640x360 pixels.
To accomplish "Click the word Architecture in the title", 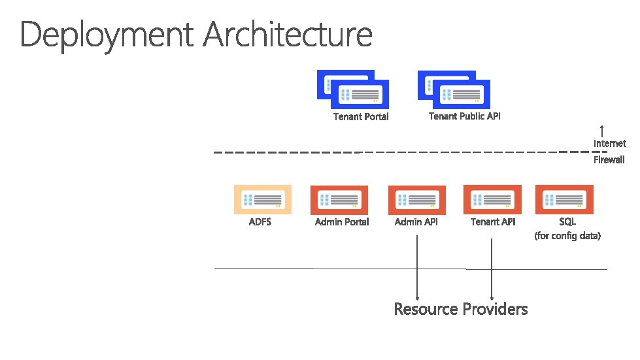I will point(288,34).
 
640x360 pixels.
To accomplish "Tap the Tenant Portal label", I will point(361,117).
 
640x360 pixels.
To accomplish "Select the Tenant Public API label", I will point(464,116).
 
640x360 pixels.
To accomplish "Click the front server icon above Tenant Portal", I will point(360,95).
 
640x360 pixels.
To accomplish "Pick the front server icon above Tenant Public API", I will point(462,94).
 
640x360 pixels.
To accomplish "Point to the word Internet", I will point(609,143).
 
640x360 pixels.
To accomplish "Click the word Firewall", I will point(609,159).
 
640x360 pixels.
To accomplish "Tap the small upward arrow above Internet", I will point(601,131).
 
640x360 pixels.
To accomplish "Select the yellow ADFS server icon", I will point(263,199).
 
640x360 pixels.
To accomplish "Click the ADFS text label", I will point(260,222).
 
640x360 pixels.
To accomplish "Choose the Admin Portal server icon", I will point(339,199).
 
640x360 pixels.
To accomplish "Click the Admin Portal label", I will point(342,222).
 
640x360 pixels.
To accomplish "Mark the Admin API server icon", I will point(416,199).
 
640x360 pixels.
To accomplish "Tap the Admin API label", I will point(416,222).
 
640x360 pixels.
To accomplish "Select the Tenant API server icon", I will point(492,199).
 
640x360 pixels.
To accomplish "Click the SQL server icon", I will point(564,199).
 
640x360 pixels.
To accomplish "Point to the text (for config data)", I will point(567,236).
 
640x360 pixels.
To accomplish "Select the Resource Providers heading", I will point(460,309).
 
